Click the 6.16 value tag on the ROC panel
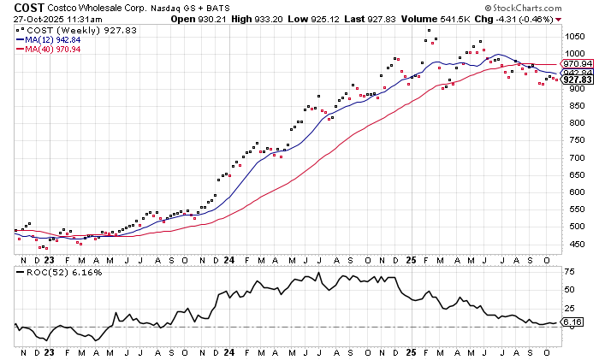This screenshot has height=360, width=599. point(572,322)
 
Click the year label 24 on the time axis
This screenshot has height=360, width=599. point(229,258)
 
